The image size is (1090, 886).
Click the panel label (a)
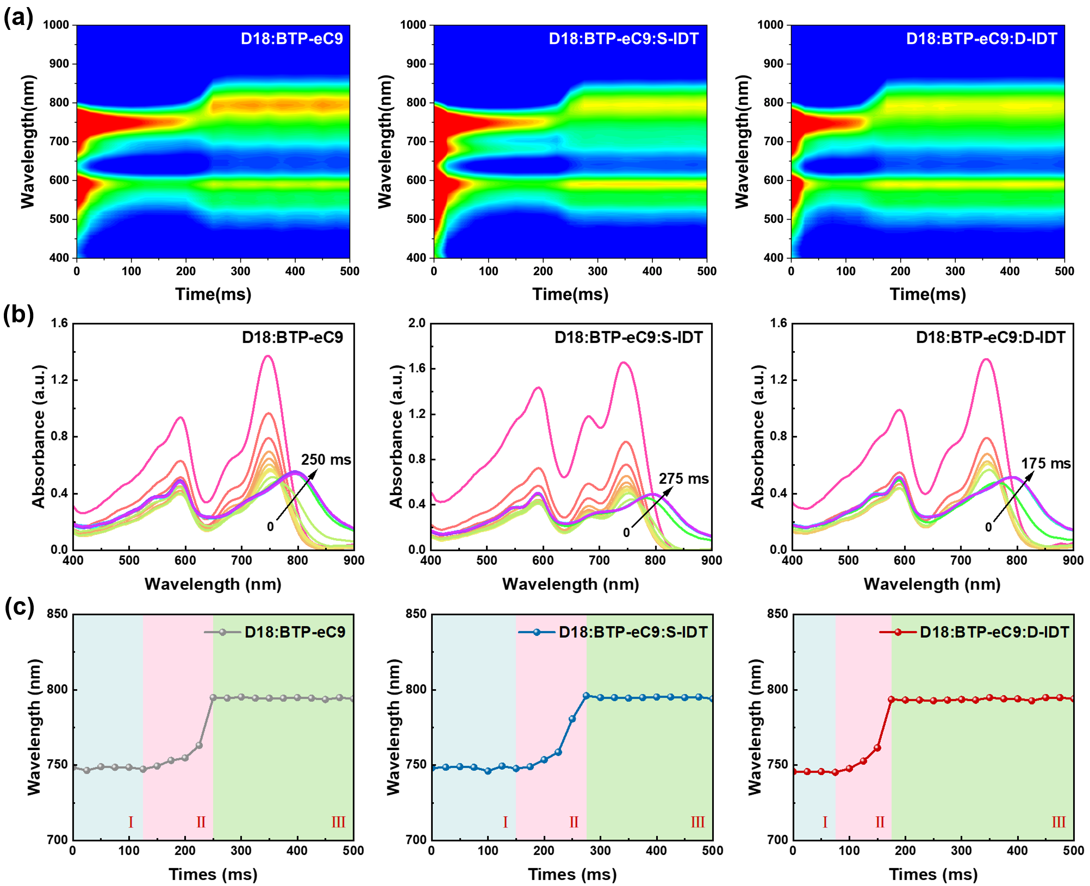(18, 17)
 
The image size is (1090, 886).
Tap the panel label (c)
(19, 607)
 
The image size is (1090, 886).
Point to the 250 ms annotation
(326, 460)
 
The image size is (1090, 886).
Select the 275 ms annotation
(683, 479)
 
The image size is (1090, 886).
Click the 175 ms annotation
(1045, 464)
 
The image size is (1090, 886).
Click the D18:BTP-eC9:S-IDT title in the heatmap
(623, 39)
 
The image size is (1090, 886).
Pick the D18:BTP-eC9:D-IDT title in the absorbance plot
(990, 338)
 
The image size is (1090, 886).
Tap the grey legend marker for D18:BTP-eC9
(222, 632)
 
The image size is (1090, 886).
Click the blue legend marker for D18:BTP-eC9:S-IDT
(537, 632)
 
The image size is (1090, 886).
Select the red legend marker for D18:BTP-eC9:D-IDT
(898, 632)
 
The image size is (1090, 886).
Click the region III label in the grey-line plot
(338, 822)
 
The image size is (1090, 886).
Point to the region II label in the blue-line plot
(574, 822)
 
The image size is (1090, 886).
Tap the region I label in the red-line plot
(825, 822)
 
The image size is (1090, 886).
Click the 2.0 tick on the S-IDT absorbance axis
(416, 323)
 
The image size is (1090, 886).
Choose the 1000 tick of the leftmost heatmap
(56, 25)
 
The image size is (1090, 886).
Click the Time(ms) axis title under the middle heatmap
(570, 294)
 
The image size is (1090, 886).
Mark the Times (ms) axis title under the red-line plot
(933, 874)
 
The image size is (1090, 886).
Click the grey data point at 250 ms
(213, 697)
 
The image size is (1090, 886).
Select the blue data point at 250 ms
(572, 719)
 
